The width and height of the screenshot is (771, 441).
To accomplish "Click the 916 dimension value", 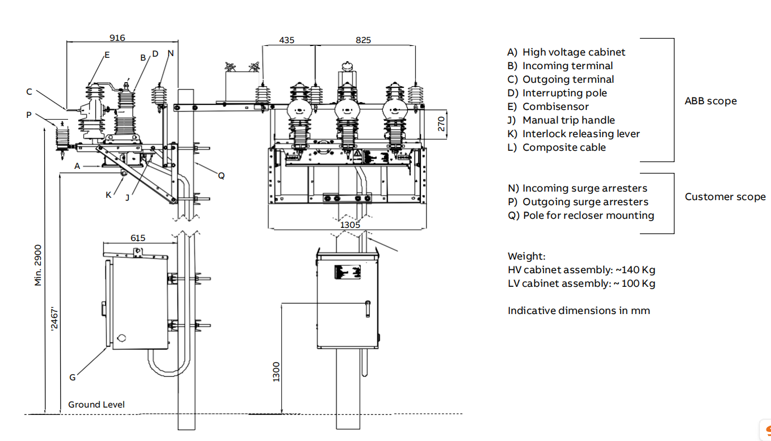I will click(117, 38).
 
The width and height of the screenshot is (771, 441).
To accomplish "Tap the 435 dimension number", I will click(287, 40).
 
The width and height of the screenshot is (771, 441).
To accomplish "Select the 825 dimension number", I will click(363, 40).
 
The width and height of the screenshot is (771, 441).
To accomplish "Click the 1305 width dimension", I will click(349, 225).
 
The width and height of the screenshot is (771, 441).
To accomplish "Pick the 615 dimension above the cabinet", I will click(138, 238).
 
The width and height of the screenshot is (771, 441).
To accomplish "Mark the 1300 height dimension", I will click(276, 371).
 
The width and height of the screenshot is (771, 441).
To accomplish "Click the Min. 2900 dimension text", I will click(39, 265).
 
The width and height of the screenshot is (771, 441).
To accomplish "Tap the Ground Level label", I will click(96, 404).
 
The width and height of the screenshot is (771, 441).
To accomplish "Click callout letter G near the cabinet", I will click(72, 377).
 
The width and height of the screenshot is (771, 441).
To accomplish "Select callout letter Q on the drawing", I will click(221, 176).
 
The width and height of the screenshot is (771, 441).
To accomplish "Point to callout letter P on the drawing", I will click(29, 115).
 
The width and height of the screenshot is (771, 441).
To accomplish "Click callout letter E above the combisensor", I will click(107, 55).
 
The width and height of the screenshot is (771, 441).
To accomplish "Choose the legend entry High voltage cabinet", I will click(573, 52).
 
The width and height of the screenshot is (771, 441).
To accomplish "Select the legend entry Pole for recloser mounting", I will click(588, 215).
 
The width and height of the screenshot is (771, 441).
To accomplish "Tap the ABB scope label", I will click(710, 101).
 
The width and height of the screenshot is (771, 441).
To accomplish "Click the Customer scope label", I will click(724, 197).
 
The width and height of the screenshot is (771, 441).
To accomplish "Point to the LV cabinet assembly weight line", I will click(581, 283).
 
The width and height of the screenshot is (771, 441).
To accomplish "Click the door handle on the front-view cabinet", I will click(368, 308).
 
